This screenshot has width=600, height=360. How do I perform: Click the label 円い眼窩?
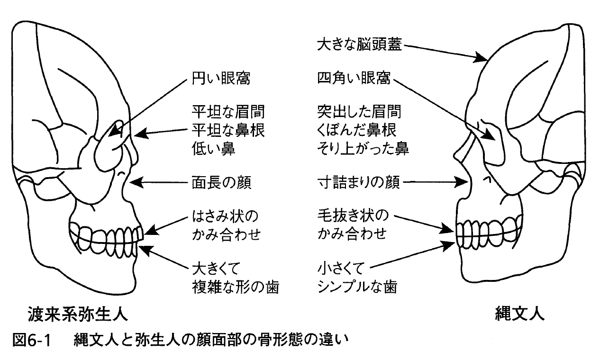coord(221,79)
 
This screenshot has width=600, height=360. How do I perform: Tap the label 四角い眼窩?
coord(354,78)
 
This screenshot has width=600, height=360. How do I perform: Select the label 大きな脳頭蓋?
coord(359,45)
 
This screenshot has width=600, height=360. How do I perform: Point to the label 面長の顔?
coord(221,183)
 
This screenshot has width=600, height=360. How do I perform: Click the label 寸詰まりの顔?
coord(358,182)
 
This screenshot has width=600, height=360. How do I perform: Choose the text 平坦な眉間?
coord(228,112)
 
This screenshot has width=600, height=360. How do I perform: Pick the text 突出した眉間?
coord(359,112)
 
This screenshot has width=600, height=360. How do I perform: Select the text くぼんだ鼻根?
coord(356,130)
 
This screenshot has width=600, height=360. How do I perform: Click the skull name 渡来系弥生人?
coord(78,314)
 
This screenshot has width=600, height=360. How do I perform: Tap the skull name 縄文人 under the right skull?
coord(519,313)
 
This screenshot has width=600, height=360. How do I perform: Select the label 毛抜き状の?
coord(353,216)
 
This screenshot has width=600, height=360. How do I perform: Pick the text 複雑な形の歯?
coord(236,287)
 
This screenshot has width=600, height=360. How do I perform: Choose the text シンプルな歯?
coord(357,287)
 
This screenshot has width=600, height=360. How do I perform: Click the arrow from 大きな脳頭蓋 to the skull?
coord(446,53)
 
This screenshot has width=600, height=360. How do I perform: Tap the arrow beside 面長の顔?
coord(158,182)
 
